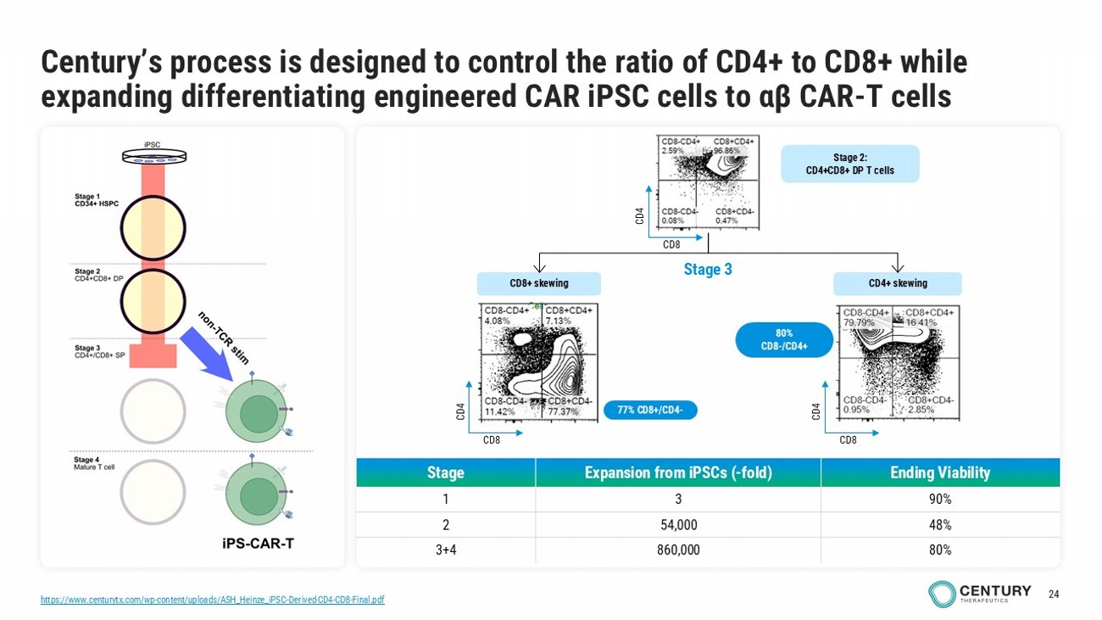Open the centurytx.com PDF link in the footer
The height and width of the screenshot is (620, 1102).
[213, 600]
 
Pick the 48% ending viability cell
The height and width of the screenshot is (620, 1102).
[939, 524]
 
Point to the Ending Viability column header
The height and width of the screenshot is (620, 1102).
[939, 472]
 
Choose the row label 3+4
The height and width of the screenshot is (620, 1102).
[446, 550]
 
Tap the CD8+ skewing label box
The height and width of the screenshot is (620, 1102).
[538, 283]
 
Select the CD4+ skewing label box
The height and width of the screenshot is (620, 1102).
[897, 283]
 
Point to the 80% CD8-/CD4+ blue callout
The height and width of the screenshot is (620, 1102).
[778, 339]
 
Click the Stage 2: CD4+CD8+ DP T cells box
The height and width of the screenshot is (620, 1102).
[849, 164]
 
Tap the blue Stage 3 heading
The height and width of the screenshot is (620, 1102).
[708, 270]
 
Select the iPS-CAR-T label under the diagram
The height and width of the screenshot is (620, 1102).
[253, 545]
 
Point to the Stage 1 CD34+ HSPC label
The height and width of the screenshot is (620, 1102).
[96, 200]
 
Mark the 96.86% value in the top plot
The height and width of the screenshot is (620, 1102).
[727, 150]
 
